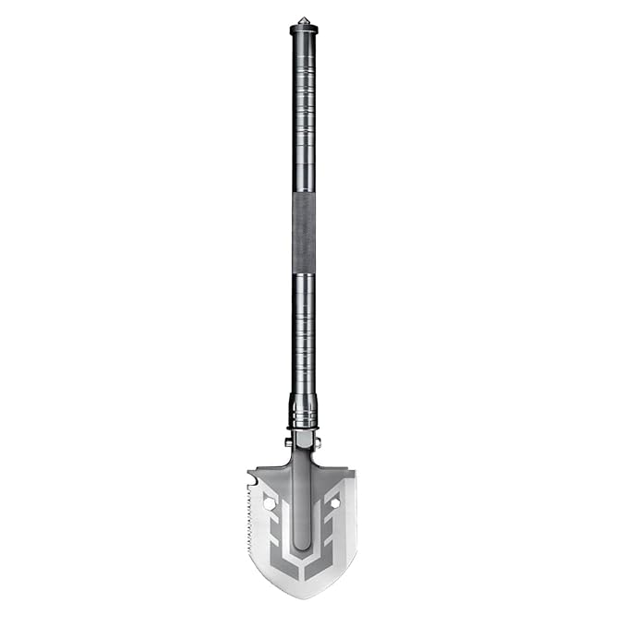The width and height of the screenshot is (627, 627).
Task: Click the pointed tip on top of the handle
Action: [303, 18]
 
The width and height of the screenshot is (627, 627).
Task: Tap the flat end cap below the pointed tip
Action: [303, 30]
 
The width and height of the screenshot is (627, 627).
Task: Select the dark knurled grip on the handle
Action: [303, 234]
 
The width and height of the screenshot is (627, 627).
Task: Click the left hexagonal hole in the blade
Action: [270, 504]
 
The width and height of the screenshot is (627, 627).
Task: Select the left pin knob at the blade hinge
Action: [288, 442]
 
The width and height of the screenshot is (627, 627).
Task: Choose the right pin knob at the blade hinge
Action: [318, 442]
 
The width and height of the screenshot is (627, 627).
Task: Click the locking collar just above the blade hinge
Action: [303, 406]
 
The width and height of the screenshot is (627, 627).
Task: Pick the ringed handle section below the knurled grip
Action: [303, 332]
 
